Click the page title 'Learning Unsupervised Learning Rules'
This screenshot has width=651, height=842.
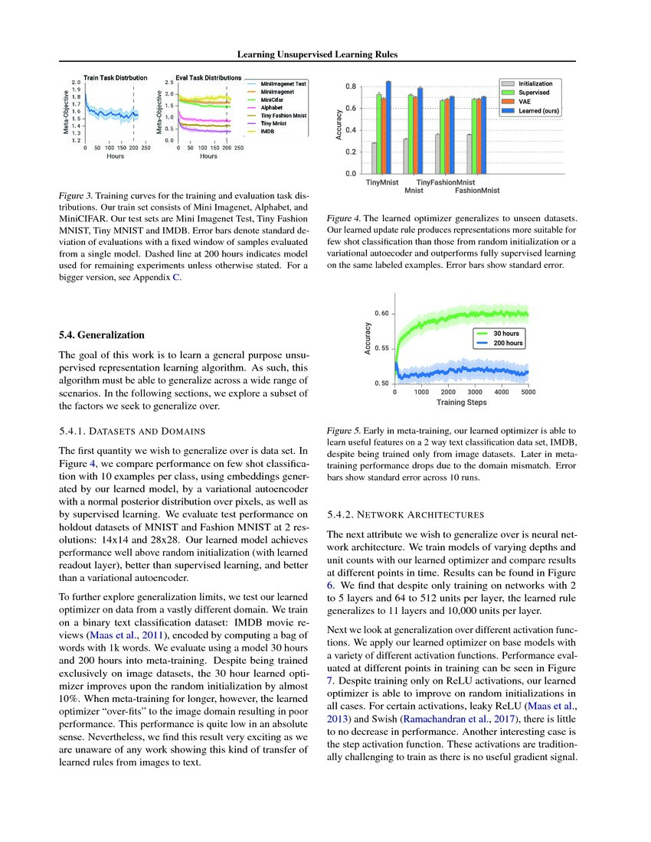point(325,54)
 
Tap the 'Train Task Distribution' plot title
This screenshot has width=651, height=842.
point(115,77)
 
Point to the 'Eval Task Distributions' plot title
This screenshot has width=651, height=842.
point(209,77)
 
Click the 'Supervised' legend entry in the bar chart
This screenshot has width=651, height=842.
point(534,92)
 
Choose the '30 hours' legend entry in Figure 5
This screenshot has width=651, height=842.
point(508,334)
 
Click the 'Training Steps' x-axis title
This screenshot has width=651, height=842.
point(461,401)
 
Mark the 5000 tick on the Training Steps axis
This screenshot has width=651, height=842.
point(528,392)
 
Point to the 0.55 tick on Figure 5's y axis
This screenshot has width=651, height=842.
point(381,348)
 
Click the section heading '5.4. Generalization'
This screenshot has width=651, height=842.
point(101,335)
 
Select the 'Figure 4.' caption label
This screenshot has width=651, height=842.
point(344,217)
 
